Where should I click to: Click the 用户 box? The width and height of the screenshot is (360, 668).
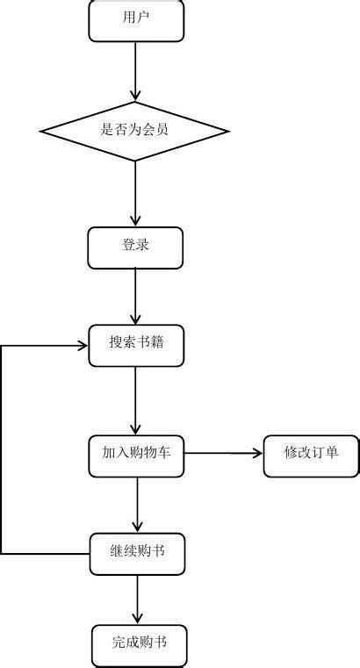[136, 20]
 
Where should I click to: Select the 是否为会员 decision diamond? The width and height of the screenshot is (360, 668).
[135, 131]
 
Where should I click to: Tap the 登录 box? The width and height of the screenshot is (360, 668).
[135, 248]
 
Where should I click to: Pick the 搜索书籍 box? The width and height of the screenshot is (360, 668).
[136, 346]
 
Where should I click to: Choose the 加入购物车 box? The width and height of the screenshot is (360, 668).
[136, 456]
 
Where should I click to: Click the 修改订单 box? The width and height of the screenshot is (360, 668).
[311, 456]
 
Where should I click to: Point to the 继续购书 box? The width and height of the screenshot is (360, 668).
[137, 554]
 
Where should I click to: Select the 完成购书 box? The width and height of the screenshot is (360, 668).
[140, 646]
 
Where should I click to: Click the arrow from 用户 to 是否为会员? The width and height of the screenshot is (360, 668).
[135, 72]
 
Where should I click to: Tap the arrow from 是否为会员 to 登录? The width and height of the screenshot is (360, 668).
[135, 194]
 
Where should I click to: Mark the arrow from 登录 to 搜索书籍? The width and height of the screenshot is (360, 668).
[135, 297]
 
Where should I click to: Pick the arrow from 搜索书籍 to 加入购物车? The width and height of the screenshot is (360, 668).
[136, 401]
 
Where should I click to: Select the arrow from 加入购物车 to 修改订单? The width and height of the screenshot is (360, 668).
[224, 453]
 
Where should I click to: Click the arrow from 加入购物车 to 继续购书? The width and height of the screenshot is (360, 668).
[137, 505]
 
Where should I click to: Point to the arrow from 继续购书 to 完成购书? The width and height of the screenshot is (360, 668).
[137, 600]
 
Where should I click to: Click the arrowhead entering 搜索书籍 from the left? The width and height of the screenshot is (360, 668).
[83, 346]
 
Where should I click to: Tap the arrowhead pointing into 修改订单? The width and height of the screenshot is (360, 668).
[258, 453]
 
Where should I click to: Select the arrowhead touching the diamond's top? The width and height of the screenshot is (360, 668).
[135, 96]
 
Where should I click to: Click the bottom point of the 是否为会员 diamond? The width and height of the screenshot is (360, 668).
[135, 161]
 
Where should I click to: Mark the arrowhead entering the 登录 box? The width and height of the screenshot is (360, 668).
[135, 220]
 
